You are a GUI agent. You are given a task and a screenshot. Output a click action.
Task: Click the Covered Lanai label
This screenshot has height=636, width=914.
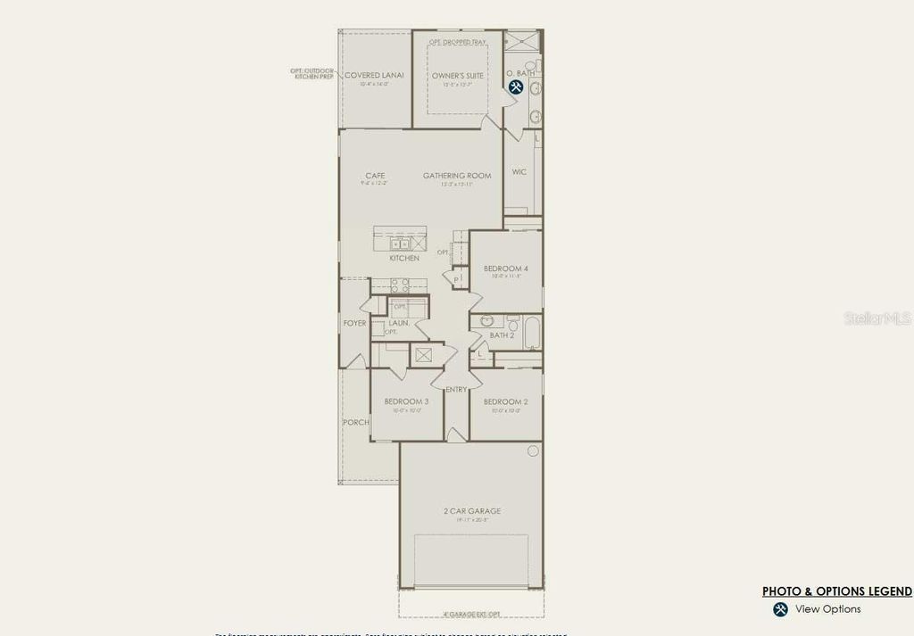(x=374, y=76)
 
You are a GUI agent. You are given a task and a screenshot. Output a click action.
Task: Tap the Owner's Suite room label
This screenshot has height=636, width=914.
(x=458, y=76)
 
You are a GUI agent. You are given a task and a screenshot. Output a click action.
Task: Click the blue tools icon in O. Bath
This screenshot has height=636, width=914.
(x=516, y=87)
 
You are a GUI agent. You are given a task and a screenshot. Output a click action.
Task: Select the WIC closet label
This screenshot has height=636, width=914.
(x=519, y=172)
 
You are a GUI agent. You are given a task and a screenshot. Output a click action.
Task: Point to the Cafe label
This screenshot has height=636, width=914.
(x=375, y=176)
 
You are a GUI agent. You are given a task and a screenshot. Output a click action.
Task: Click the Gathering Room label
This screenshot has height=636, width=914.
(x=457, y=176)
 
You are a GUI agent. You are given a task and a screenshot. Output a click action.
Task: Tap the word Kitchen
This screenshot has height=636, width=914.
(x=404, y=259)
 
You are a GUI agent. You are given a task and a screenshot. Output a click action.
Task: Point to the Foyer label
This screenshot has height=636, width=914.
(x=354, y=323)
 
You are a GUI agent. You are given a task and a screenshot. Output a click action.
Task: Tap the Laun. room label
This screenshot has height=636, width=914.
(x=399, y=323)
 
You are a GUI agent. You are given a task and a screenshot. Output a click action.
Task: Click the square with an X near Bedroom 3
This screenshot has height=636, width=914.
(x=422, y=355)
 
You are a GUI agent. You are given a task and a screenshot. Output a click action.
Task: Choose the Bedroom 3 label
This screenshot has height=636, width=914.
(x=407, y=401)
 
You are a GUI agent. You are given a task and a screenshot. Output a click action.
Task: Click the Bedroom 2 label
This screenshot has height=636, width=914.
(x=506, y=401)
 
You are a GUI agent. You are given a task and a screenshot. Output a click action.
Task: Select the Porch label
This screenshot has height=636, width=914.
(x=356, y=422)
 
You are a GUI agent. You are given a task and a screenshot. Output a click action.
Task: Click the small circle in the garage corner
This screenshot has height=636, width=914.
(x=533, y=450)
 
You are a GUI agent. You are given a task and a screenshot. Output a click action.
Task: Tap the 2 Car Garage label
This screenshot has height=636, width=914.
(x=472, y=511)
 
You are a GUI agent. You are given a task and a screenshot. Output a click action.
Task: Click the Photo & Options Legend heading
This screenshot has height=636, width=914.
(x=836, y=591)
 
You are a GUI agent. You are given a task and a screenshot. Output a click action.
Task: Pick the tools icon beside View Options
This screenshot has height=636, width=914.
(x=780, y=609)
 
